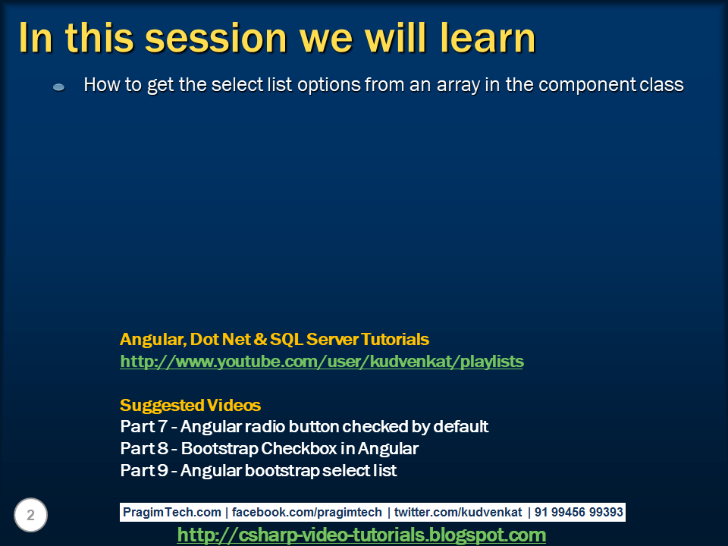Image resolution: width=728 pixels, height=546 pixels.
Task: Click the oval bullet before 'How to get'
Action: (x=58, y=87)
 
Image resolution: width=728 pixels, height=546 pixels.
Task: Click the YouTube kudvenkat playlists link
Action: (x=322, y=362)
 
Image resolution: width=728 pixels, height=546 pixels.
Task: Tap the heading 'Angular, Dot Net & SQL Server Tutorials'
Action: (x=275, y=339)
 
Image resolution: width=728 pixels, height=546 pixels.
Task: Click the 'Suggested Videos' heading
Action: (x=190, y=405)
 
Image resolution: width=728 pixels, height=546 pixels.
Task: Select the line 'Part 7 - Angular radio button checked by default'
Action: (x=304, y=426)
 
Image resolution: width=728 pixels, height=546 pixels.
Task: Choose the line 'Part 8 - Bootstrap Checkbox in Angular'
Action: (x=269, y=448)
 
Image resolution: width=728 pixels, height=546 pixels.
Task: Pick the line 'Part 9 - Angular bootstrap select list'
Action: (x=259, y=470)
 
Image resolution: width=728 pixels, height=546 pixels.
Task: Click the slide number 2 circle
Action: (x=30, y=516)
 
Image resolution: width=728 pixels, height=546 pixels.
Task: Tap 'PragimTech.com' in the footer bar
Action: (x=172, y=512)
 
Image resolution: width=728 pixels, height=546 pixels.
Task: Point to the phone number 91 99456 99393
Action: (x=579, y=512)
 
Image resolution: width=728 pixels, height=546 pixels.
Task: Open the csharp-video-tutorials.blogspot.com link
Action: (x=361, y=535)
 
